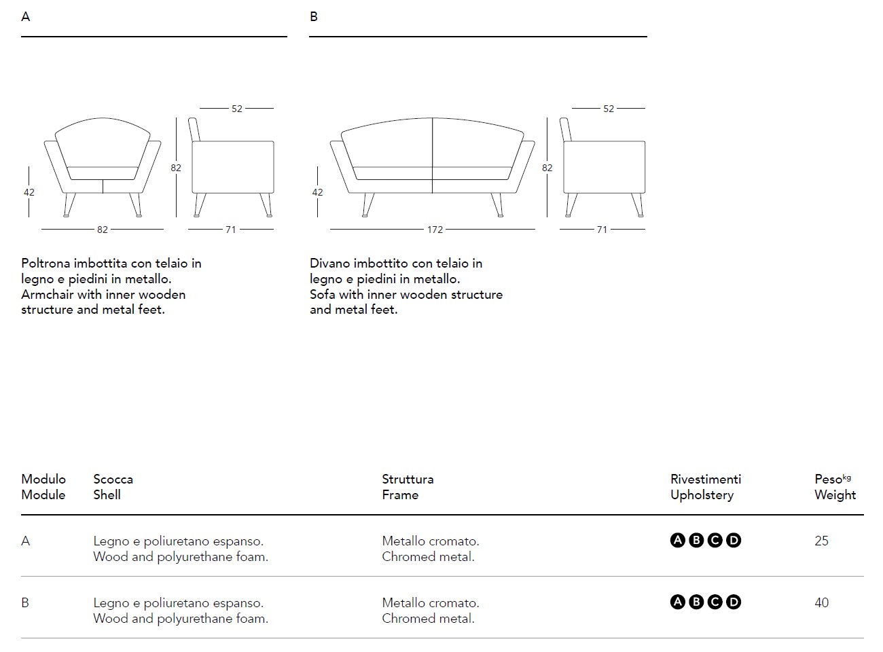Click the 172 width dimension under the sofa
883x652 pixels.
tap(435, 230)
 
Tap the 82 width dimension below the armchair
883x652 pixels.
tap(102, 230)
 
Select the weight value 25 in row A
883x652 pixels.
tap(821, 541)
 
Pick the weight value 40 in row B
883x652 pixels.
tap(821, 603)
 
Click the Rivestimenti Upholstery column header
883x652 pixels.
tap(705, 487)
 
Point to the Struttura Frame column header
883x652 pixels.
tap(408, 487)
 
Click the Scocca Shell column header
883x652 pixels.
tap(113, 487)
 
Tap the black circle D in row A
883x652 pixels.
tap(734, 541)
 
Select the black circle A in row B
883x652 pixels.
tap(678, 602)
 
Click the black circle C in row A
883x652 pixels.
tap(715, 541)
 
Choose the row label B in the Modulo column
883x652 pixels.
tap(25, 603)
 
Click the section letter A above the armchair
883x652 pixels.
tap(26, 16)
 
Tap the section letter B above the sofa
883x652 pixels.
tap(314, 16)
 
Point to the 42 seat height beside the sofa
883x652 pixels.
tap(317, 192)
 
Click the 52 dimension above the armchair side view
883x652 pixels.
tap(236, 109)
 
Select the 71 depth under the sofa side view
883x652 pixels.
tap(602, 230)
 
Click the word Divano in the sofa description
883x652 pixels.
tap(330, 264)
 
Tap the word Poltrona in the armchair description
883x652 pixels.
tap(46, 264)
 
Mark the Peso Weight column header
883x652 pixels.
tap(835, 487)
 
